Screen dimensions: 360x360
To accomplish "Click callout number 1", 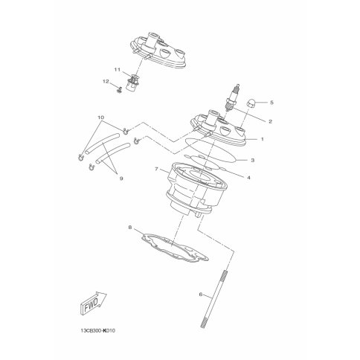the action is (x=262, y=139).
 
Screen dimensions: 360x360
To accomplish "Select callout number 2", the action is (x=270, y=121).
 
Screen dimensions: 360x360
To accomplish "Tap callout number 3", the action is (x=253, y=160).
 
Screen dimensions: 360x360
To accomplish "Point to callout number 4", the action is (x=248, y=178).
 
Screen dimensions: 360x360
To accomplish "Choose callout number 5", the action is (x=271, y=102).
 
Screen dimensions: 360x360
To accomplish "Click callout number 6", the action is (x=201, y=295).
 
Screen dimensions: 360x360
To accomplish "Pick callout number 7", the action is (x=156, y=169).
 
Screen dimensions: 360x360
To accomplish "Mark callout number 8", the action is (x=130, y=227).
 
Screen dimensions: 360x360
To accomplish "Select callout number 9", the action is (x=121, y=179).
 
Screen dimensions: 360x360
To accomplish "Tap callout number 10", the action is (x=101, y=117).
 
